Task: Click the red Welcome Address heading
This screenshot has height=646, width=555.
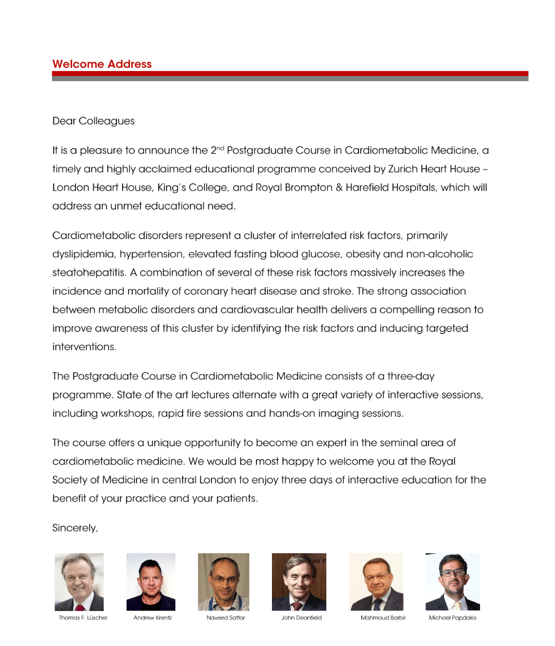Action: coord(102,64)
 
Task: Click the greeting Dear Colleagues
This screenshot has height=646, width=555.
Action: coord(93,121)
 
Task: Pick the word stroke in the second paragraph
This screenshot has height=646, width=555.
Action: coord(338,291)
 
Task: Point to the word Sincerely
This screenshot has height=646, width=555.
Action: coord(75,528)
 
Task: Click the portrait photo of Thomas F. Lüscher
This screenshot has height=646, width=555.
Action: coord(79,582)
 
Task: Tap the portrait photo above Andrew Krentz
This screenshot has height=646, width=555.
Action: coord(151,582)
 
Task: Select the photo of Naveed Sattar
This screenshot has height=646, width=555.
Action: coord(224,582)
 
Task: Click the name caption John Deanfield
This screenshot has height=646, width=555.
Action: coord(301,618)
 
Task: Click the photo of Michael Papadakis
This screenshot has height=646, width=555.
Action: coord(452,582)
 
